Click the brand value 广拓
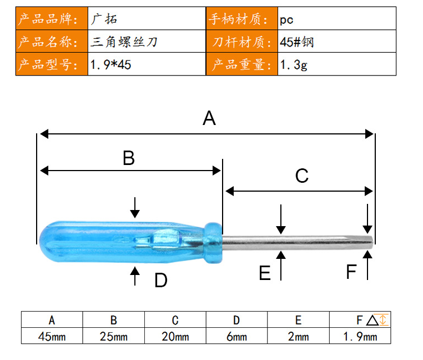pyautogui.click(x=104, y=19)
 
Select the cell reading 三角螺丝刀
pyautogui.click(x=124, y=42)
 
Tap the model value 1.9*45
pyautogui.click(x=110, y=65)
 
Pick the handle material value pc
pyautogui.click(x=286, y=20)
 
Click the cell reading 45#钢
pyautogui.click(x=297, y=42)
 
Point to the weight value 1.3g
pyautogui.click(x=294, y=65)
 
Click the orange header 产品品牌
pyautogui.click(x=48, y=19)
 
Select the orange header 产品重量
pyautogui.click(x=241, y=65)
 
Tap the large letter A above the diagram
pyautogui.click(x=209, y=118)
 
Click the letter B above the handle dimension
pyautogui.click(x=129, y=158)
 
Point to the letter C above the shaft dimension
pyautogui.click(x=301, y=176)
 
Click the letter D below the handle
pyautogui.click(x=161, y=280)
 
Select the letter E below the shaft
pyautogui.click(x=265, y=273)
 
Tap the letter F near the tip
pyautogui.click(x=351, y=272)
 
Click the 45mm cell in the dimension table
pyautogui.click(x=52, y=337)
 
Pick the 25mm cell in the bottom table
pyautogui.click(x=114, y=337)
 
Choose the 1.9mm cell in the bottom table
pyautogui.click(x=360, y=337)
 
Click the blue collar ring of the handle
pyautogui.click(x=213, y=243)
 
